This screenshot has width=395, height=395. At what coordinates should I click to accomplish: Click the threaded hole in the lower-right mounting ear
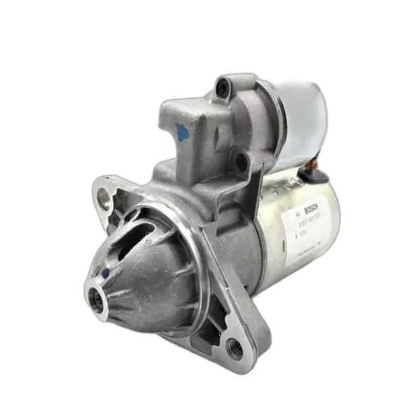coord(232,344)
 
